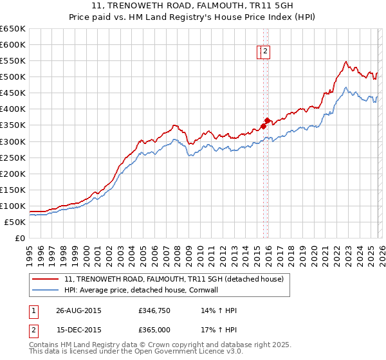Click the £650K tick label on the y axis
point(13,29)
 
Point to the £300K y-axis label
point(13,141)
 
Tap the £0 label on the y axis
point(21,239)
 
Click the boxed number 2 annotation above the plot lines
point(265,53)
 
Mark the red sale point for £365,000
point(267,120)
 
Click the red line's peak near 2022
point(345,62)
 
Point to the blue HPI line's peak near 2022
point(345,87)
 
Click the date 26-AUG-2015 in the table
point(79,310)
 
